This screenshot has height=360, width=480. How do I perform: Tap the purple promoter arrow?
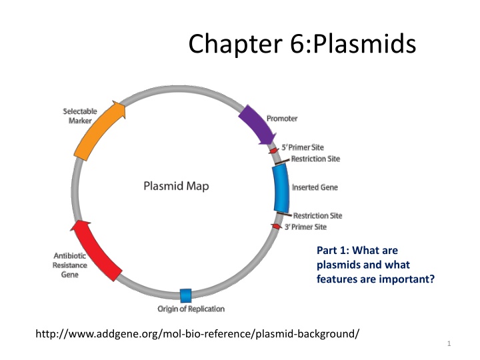(257, 123)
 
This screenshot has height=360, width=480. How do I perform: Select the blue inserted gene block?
(281, 188)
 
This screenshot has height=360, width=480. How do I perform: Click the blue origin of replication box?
(186, 295)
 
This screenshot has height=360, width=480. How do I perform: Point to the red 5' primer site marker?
(273, 151)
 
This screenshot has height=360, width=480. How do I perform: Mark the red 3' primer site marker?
(276, 227)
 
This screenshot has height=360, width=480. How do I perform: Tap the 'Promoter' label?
(282, 119)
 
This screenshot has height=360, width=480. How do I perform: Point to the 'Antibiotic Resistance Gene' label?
(70, 265)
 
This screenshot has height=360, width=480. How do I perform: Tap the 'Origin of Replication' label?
(191, 309)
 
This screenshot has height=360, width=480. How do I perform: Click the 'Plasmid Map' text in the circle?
(176, 186)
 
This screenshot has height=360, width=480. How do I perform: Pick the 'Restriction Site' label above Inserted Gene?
(315, 159)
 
